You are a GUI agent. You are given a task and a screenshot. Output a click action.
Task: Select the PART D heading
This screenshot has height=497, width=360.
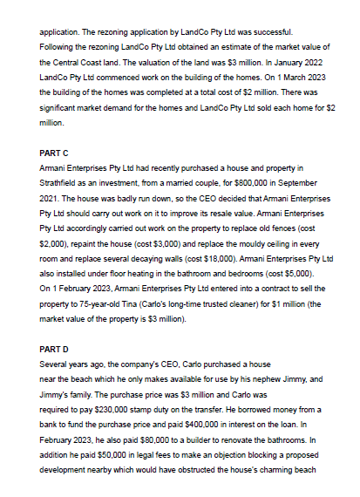[54, 349]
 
